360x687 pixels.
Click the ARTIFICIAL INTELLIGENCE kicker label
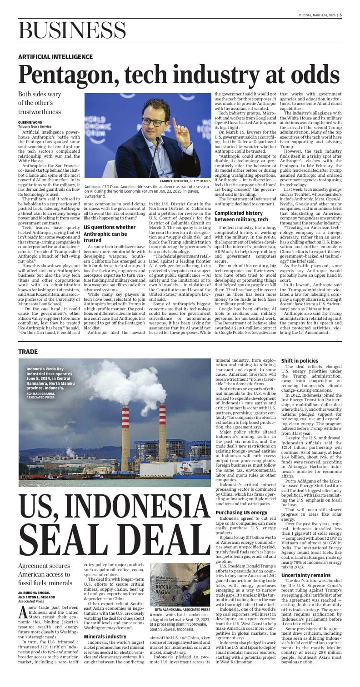point(55,57)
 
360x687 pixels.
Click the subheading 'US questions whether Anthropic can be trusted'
point(109,233)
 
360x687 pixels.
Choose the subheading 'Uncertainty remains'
point(305,575)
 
